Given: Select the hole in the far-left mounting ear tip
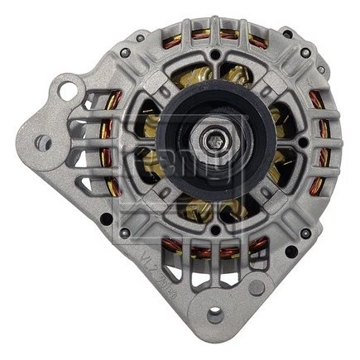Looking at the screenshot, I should [x=41, y=143].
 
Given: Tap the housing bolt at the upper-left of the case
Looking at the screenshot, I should [x=125, y=52].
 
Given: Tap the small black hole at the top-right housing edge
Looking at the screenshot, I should [x=286, y=34].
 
